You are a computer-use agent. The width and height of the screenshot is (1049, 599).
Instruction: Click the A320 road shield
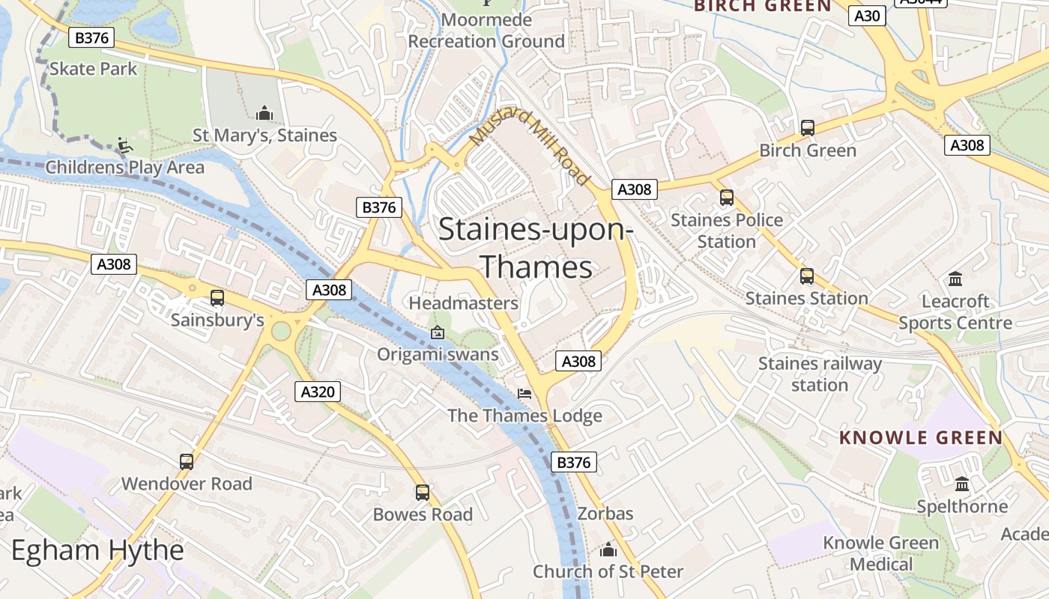coord(318,391)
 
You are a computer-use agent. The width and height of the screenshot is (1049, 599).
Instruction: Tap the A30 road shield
coord(867,16)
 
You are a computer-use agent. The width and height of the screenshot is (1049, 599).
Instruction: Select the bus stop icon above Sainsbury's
coord(217,298)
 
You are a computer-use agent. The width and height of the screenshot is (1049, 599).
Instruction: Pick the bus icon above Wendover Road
coord(187,462)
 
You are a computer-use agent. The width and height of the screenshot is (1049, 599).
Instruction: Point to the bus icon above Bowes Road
coord(423,493)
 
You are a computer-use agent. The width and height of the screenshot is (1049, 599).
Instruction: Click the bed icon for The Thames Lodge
coord(524,394)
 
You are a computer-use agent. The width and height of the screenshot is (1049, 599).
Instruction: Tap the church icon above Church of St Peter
coord(608,550)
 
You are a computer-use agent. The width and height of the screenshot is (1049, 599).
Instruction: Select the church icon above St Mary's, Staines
coord(264,114)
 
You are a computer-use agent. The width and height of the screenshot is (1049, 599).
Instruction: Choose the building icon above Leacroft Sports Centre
coord(955,279)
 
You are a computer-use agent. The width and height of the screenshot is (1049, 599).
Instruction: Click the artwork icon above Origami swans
coord(438,332)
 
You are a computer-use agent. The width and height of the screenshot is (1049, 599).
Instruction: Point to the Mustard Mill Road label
coord(529,147)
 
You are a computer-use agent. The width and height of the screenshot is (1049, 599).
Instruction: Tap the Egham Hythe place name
coord(97,551)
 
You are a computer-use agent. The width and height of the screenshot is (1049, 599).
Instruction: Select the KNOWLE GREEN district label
coord(921,438)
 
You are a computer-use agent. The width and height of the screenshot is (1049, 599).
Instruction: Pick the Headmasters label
coord(463,303)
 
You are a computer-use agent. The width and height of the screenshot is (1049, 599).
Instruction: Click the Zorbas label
coord(605,514)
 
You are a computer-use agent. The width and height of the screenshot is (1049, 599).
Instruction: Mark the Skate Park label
coord(94,69)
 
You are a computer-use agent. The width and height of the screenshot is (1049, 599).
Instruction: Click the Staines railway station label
coord(820,374)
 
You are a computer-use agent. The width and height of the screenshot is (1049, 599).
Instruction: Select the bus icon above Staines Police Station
coord(727,198)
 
